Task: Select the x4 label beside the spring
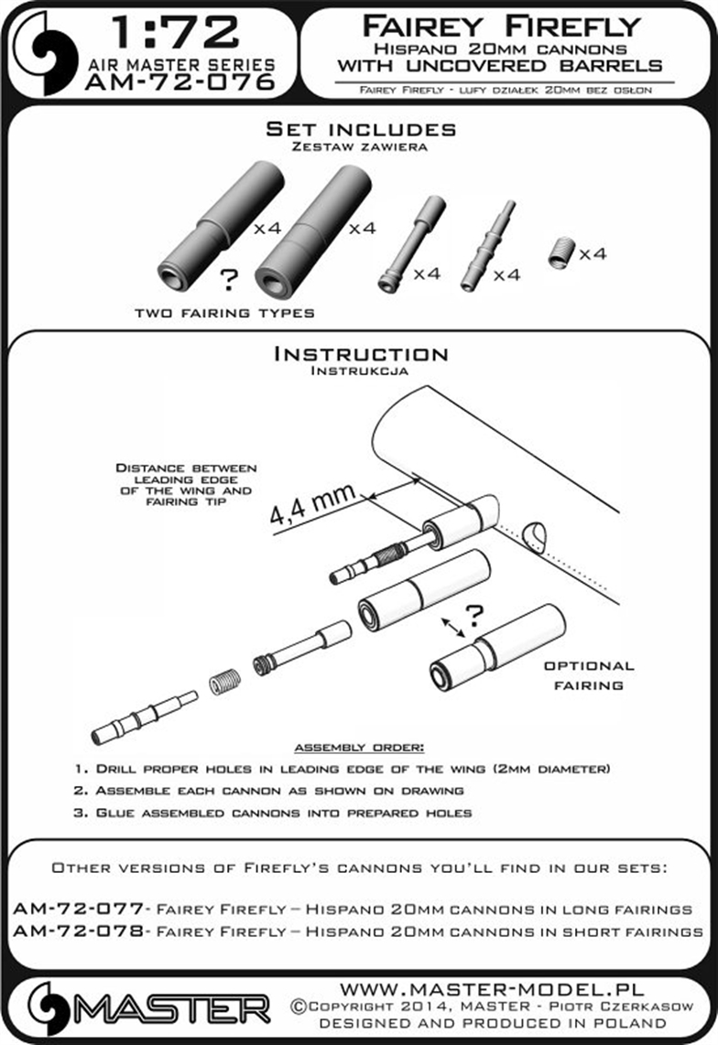[594, 253]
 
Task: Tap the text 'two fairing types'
[224, 313]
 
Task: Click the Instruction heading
[361, 354]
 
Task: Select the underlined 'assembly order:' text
[359, 749]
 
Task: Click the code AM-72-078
[78, 932]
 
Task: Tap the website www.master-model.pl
[493, 990]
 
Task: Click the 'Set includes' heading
[361, 129]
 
